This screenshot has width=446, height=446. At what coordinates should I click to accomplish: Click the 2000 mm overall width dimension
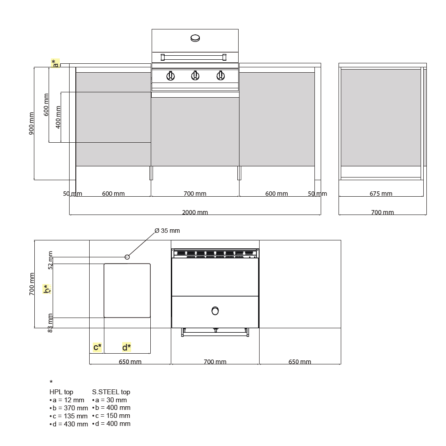tap(195, 212)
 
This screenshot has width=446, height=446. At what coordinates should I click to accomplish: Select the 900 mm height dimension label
tap(31, 124)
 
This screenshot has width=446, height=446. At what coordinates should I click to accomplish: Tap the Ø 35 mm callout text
tap(167, 231)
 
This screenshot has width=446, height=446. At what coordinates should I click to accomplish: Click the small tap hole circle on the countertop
tap(127, 257)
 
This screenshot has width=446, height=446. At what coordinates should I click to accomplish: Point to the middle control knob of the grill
tap(195, 76)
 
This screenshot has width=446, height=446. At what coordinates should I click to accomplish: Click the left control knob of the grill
tap(170, 76)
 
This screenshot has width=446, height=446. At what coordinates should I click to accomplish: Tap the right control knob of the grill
tap(220, 76)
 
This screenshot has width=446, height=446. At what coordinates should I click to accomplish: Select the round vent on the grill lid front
tap(195, 38)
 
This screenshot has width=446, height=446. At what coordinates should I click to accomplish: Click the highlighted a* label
tap(55, 63)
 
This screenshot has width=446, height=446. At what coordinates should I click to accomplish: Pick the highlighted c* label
tap(97, 347)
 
